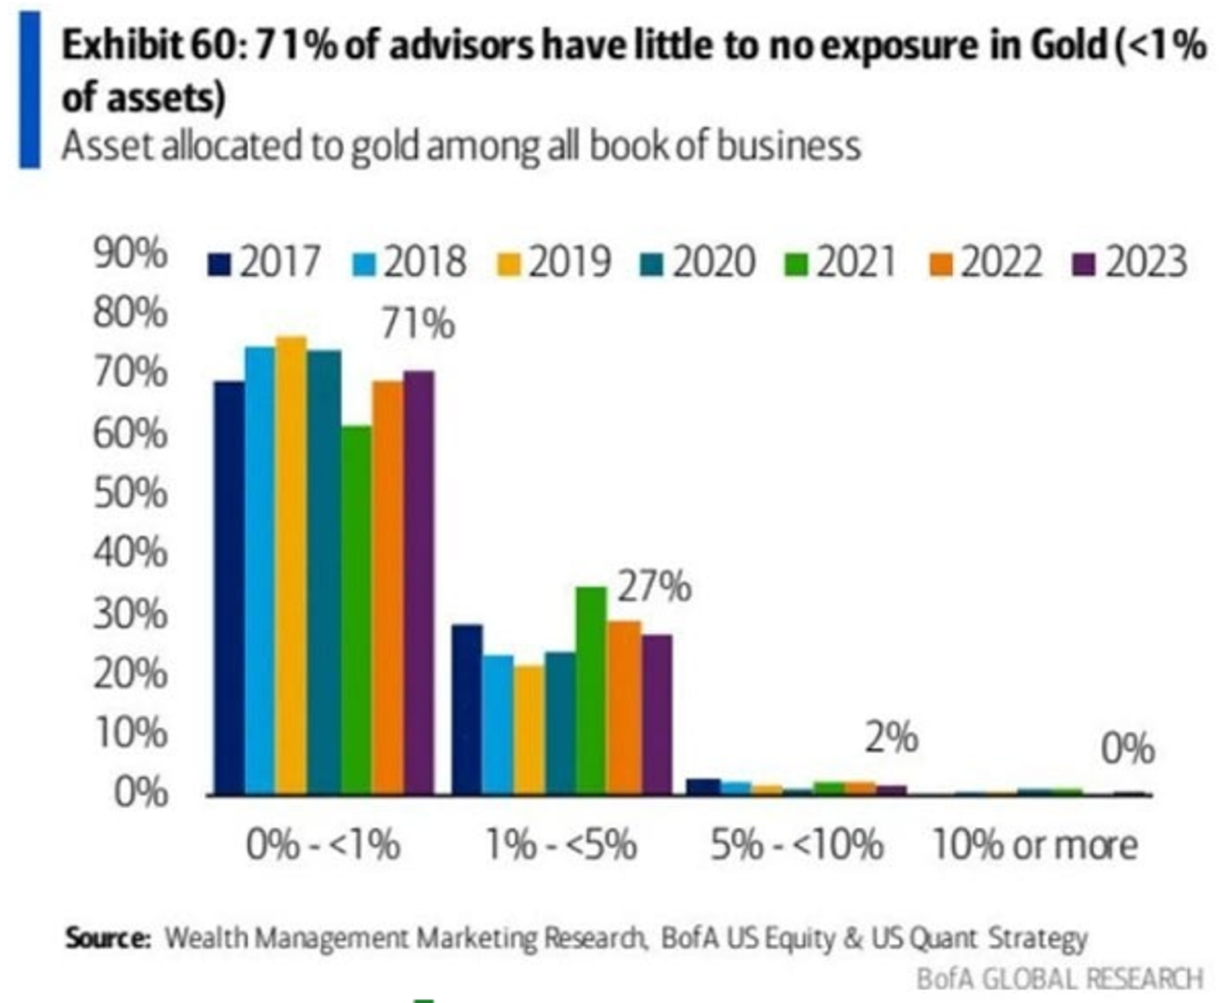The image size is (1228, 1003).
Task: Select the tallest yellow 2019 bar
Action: (x=291, y=565)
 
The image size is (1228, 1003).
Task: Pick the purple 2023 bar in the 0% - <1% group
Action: (x=419, y=582)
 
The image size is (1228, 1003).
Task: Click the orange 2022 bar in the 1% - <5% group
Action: (x=624, y=707)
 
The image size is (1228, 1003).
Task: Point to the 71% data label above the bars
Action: (x=418, y=324)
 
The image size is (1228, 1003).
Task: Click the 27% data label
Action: (x=653, y=587)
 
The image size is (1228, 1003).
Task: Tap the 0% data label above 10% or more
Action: (x=1127, y=748)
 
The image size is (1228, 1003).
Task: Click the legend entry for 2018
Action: (x=410, y=263)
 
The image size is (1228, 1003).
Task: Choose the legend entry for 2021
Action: (x=841, y=263)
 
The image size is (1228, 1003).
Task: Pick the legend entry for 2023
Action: (x=1131, y=263)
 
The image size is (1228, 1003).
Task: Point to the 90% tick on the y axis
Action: (x=130, y=254)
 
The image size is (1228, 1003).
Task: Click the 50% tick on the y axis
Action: (x=130, y=493)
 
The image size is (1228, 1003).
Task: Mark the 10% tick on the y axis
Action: (x=130, y=733)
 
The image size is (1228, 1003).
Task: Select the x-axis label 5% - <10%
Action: (x=797, y=845)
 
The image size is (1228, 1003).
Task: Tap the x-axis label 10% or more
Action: (x=1035, y=845)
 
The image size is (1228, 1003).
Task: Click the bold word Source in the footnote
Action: (x=107, y=937)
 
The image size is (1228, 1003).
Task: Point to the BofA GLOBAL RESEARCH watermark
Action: (x=1059, y=978)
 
